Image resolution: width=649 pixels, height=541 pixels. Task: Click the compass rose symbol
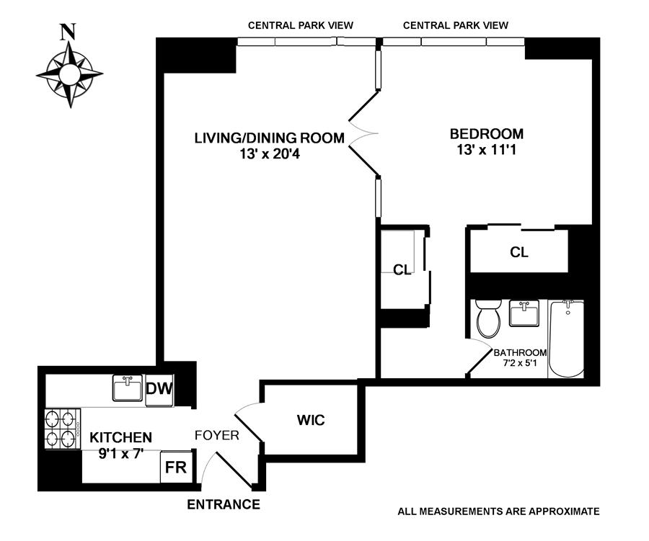69,74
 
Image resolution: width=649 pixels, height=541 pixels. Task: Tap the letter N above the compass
69,32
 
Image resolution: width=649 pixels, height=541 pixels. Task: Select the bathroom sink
524,313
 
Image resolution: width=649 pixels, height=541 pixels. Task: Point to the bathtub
566,339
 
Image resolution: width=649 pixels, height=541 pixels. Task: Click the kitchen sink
128,388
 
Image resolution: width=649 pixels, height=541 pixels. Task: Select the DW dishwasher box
159,390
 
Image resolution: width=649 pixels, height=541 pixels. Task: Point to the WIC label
311,419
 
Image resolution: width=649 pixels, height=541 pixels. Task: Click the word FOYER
217,435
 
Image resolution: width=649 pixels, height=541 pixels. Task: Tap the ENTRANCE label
224,504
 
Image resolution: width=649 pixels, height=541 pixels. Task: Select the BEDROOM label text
487,133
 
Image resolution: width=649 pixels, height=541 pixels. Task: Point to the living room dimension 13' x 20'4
269,153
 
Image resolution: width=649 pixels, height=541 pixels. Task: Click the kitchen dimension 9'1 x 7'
120,454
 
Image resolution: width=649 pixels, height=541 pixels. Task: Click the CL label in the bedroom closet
519,252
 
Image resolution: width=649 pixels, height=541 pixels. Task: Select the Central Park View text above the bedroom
456,25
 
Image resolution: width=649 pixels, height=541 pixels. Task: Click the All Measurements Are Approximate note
498,511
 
